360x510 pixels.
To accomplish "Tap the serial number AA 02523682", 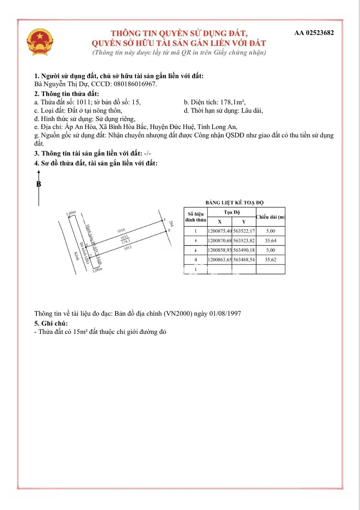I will click(314, 33).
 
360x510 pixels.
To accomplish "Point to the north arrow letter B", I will click(39, 184).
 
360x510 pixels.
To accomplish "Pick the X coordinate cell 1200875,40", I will click(219, 231).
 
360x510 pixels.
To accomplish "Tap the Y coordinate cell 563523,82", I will click(244, 241).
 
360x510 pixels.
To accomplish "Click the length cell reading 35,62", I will click(270, 260).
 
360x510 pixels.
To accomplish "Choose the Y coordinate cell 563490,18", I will click(244, 250).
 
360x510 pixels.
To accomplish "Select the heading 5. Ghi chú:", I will click(51, 323).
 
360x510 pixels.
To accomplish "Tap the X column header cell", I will click(219, 221).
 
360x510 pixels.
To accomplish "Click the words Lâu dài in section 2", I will click(251, 110).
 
